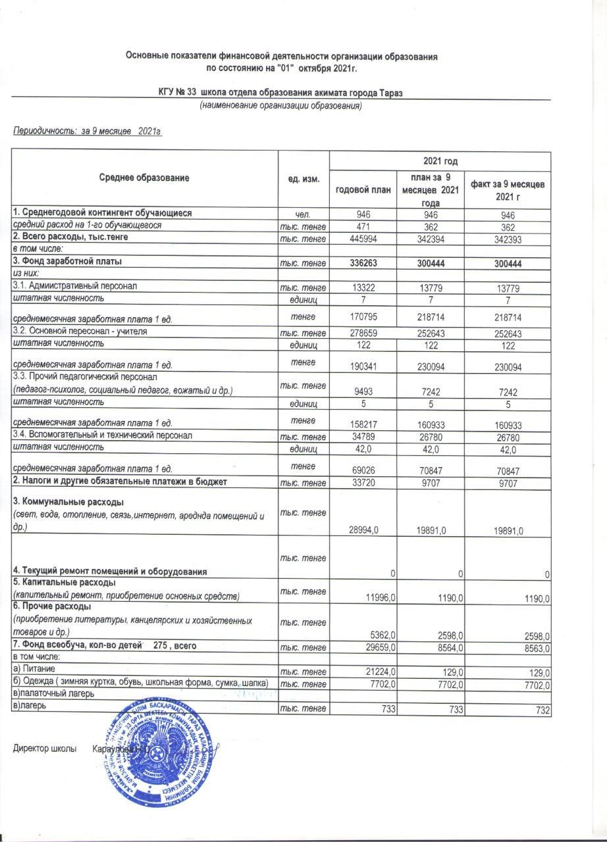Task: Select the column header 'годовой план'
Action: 363,189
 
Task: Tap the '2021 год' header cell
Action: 439,161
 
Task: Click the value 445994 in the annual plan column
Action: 363,239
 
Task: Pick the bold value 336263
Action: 363,263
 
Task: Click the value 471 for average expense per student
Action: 363,226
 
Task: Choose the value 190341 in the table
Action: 363,364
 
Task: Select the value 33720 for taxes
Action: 363,483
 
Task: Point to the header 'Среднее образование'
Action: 145,178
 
